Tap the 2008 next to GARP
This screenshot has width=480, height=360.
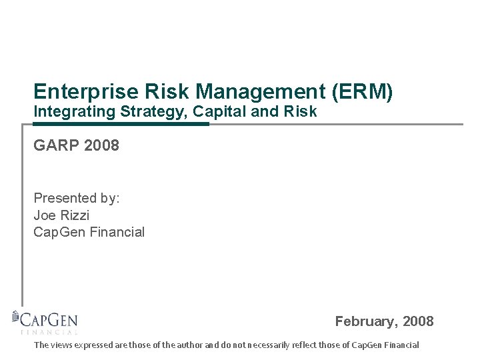point(102,145)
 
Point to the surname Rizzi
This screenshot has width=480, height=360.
point(74,215)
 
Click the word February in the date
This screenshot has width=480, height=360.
point(366,321)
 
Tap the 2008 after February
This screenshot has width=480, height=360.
point(417,321)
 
